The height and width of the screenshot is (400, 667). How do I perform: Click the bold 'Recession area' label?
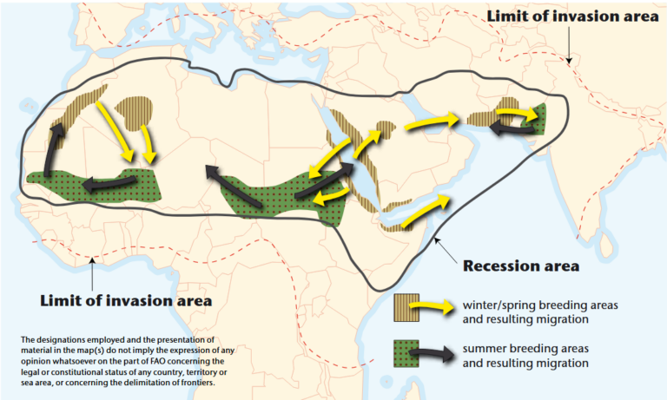(x=522, y=266)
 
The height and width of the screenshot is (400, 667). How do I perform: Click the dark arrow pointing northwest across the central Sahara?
(x=232, y=186)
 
